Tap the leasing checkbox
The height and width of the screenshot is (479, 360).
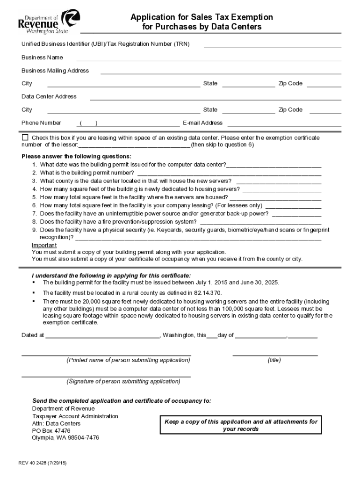point(25,138)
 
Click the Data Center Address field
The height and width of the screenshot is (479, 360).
point(215,98)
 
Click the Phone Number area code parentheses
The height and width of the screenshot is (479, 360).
point(88,123)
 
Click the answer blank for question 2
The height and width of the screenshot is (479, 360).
point(229,173)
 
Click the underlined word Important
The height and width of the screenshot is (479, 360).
point(44,246)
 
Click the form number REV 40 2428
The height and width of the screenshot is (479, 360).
point(43,463)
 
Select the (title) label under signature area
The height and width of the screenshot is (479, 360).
point(274,360)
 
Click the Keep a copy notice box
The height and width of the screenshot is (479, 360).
point(241,425)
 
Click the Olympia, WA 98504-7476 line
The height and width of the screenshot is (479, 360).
point(65,438)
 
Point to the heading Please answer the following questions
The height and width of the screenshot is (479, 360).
point(77,156)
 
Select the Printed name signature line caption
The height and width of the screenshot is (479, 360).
point(128,360)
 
